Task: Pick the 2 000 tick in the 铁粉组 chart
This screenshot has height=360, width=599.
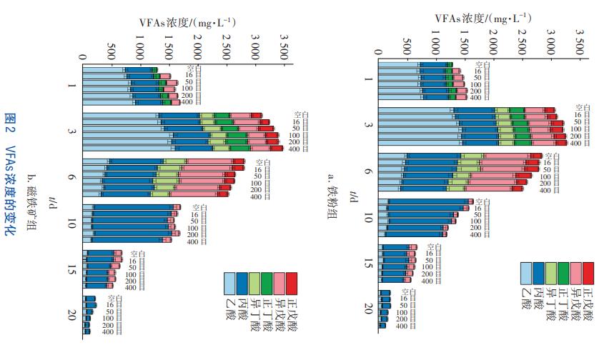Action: pyautogui.click(x=493, y=46)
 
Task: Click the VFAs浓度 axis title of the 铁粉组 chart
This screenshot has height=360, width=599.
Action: pyautogui.click(x=491, y=17)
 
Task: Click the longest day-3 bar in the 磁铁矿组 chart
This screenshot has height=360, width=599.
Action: pyautogui.click(x=182, y=149)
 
